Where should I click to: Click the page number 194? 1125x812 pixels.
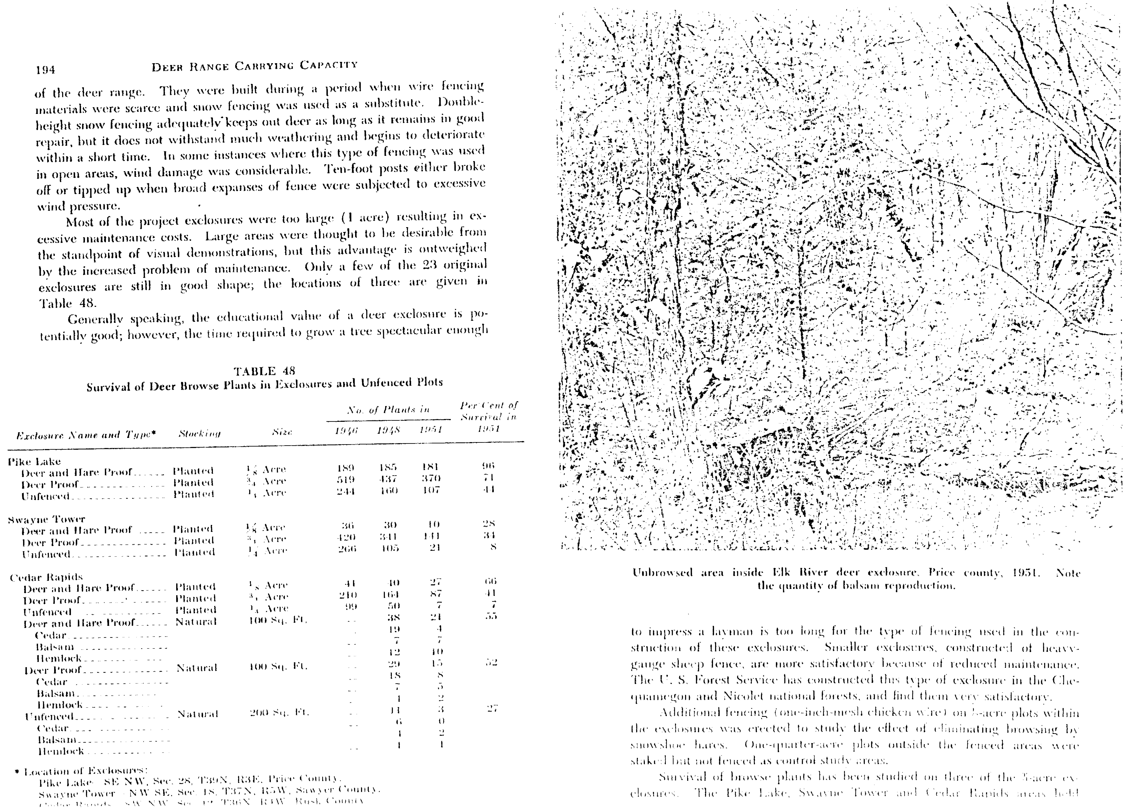click(x=45, y=70)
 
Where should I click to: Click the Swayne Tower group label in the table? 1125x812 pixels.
click(x=47, y=519)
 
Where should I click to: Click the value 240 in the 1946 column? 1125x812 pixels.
click(x=348, y=595)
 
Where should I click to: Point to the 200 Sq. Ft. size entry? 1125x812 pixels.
click(x=279, y=713)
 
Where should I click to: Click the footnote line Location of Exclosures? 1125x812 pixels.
click(x=85, y=771)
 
